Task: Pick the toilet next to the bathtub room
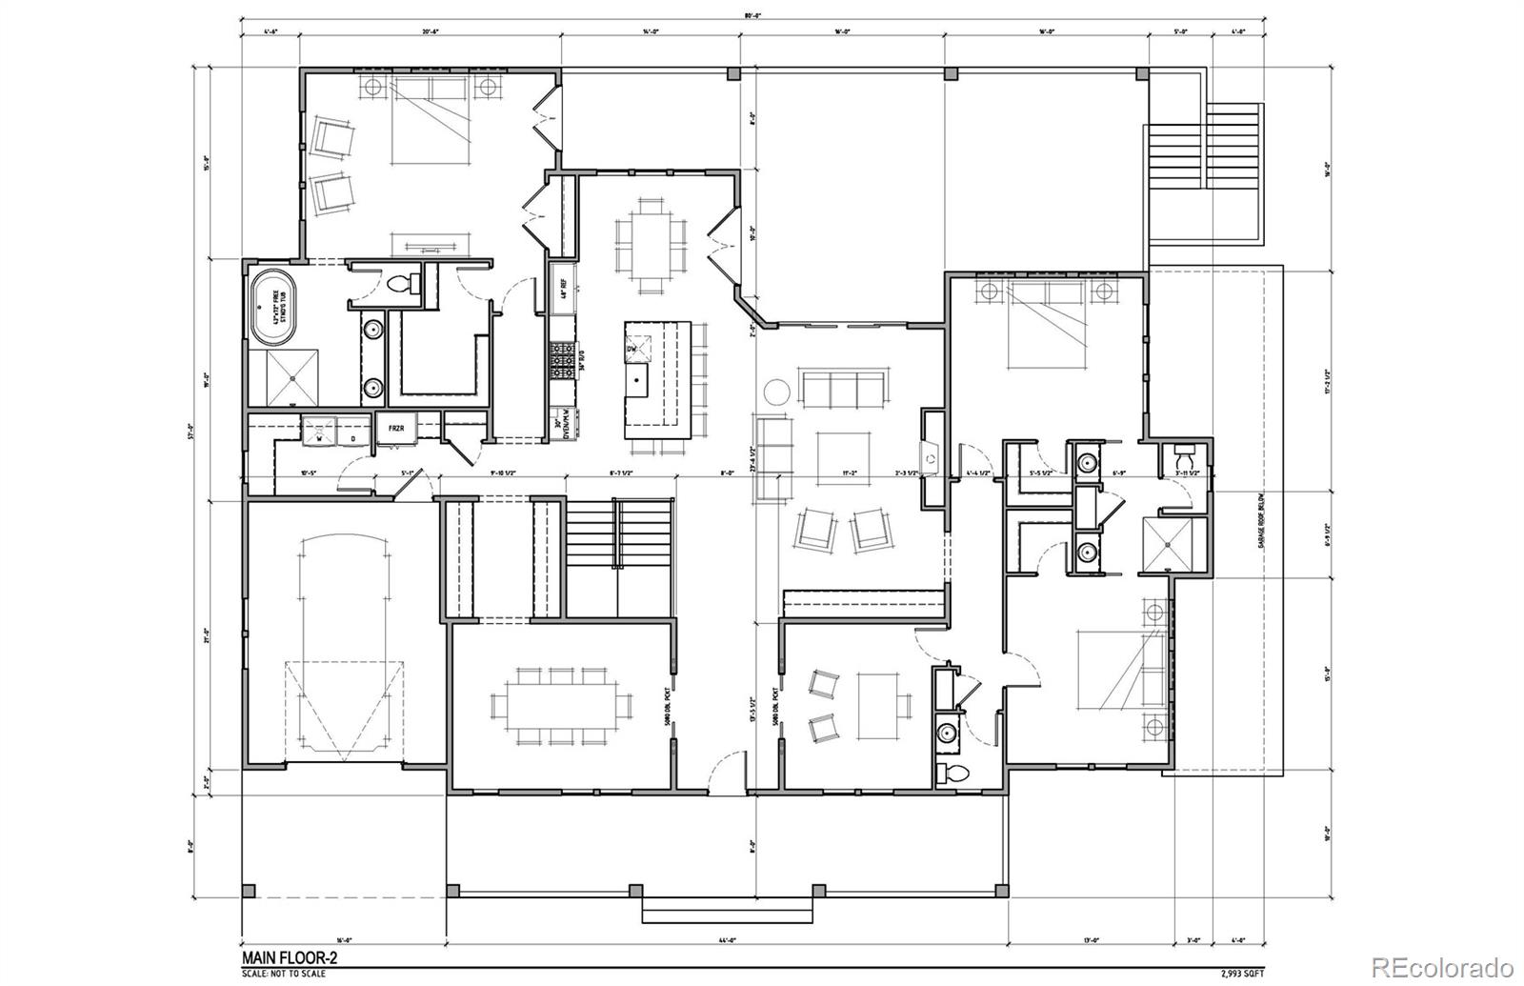[x=401, y=283]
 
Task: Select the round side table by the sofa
[x=776, y=392]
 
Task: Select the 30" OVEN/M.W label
[x=562, y=421]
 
